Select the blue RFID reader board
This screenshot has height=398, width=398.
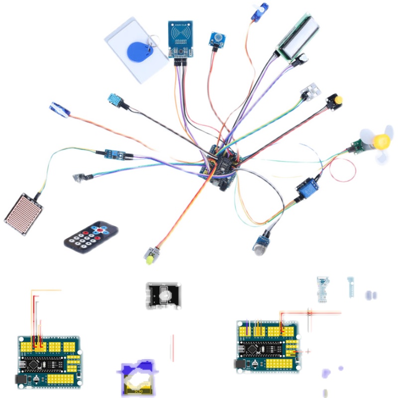(x=181, y=39)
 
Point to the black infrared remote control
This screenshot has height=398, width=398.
(x=92, y=235)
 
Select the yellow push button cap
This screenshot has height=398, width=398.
(x=338, y=100)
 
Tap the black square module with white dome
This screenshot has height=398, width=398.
(x=163, y=296)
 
